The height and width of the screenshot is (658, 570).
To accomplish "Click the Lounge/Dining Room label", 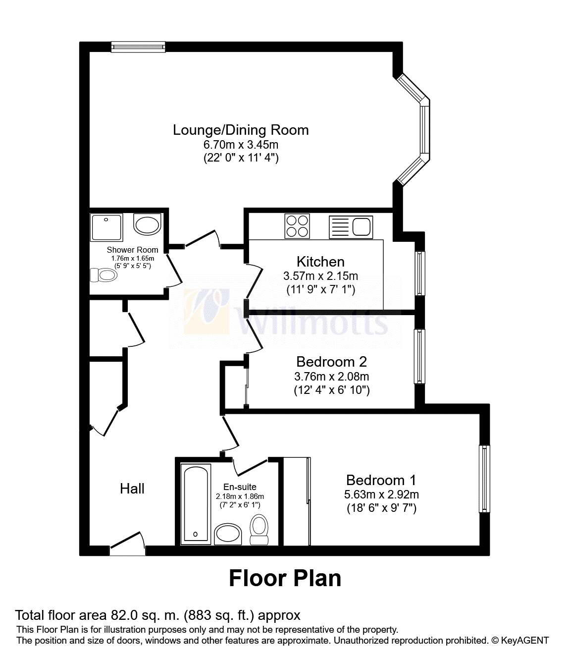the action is tap(241, 130).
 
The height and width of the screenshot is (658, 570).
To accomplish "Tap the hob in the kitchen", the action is tap(297, 226).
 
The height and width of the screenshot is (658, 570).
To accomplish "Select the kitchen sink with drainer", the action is tap(351, 227).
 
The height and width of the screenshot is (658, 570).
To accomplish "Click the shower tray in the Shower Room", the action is tap(106, 227).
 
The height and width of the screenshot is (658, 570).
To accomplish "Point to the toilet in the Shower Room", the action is tap(104, 275).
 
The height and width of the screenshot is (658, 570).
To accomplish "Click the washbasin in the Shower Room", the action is tap(147, 224).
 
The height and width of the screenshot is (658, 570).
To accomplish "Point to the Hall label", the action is tap(132, 489).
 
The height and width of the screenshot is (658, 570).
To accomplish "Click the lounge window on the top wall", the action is tap(139, 47).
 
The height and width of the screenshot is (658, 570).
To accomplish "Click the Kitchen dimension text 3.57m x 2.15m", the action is tap(320, 276).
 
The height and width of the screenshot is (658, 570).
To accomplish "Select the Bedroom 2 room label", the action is tap(331, 362).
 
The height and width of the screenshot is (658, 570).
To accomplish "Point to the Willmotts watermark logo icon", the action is tap(207, 311).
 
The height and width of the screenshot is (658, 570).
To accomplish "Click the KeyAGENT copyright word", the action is tap(525, 640).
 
